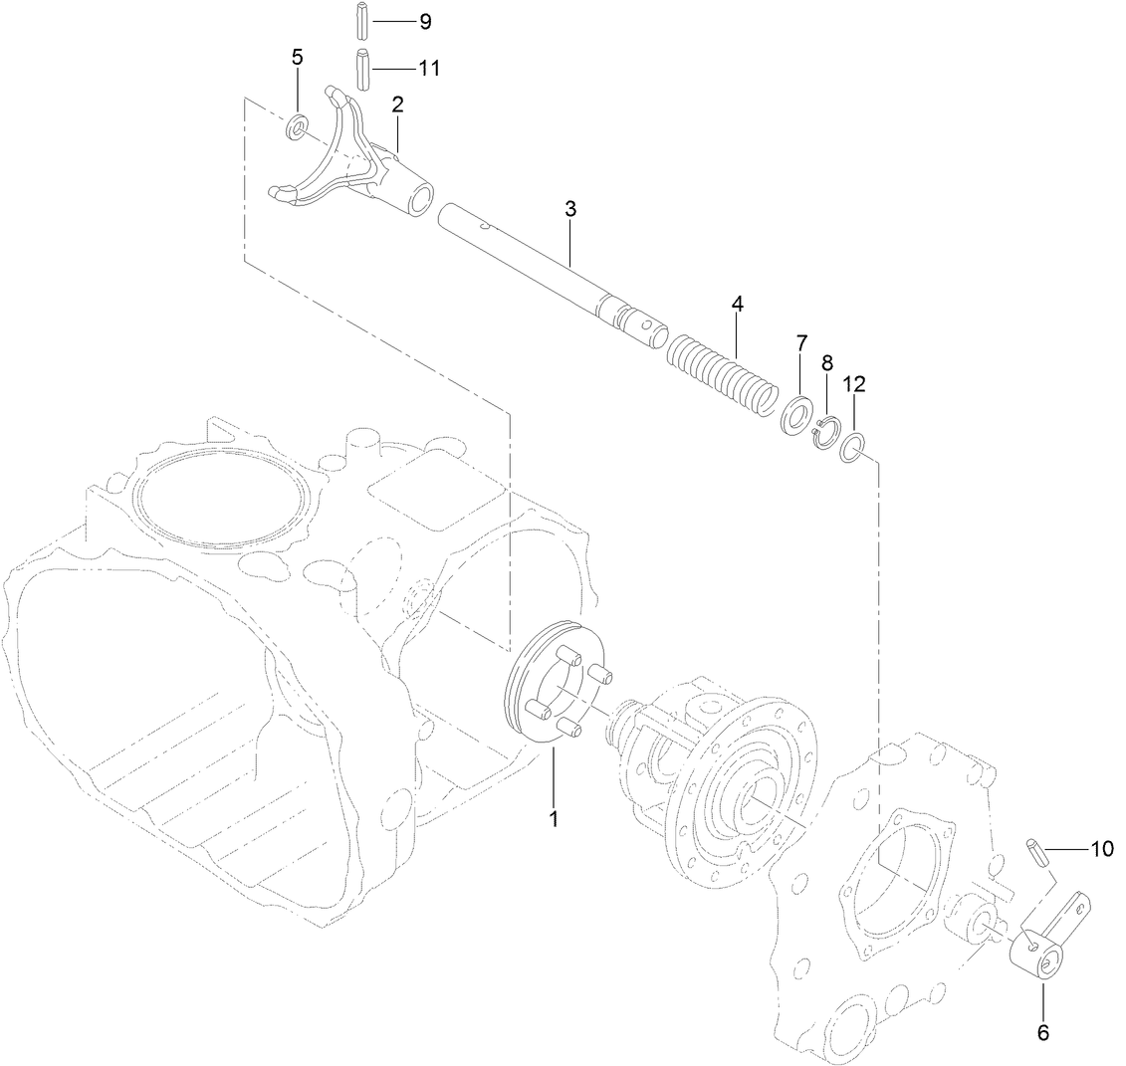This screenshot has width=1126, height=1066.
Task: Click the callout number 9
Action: pos(424,21)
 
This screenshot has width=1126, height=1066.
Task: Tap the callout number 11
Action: pos(429,69)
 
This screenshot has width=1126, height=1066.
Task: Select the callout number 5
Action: pos(298,57)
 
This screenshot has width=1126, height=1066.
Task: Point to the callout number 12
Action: pos(855,384)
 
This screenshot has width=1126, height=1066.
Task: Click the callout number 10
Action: pos(1101,849)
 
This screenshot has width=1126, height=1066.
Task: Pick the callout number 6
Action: pos(1043,1033)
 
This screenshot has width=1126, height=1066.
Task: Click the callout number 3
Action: pos(570,209)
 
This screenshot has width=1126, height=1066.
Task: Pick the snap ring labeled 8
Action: pos(825,433)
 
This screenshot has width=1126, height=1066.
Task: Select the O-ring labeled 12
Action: pos(854,447)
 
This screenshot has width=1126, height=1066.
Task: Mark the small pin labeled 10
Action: pos(1034,854)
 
